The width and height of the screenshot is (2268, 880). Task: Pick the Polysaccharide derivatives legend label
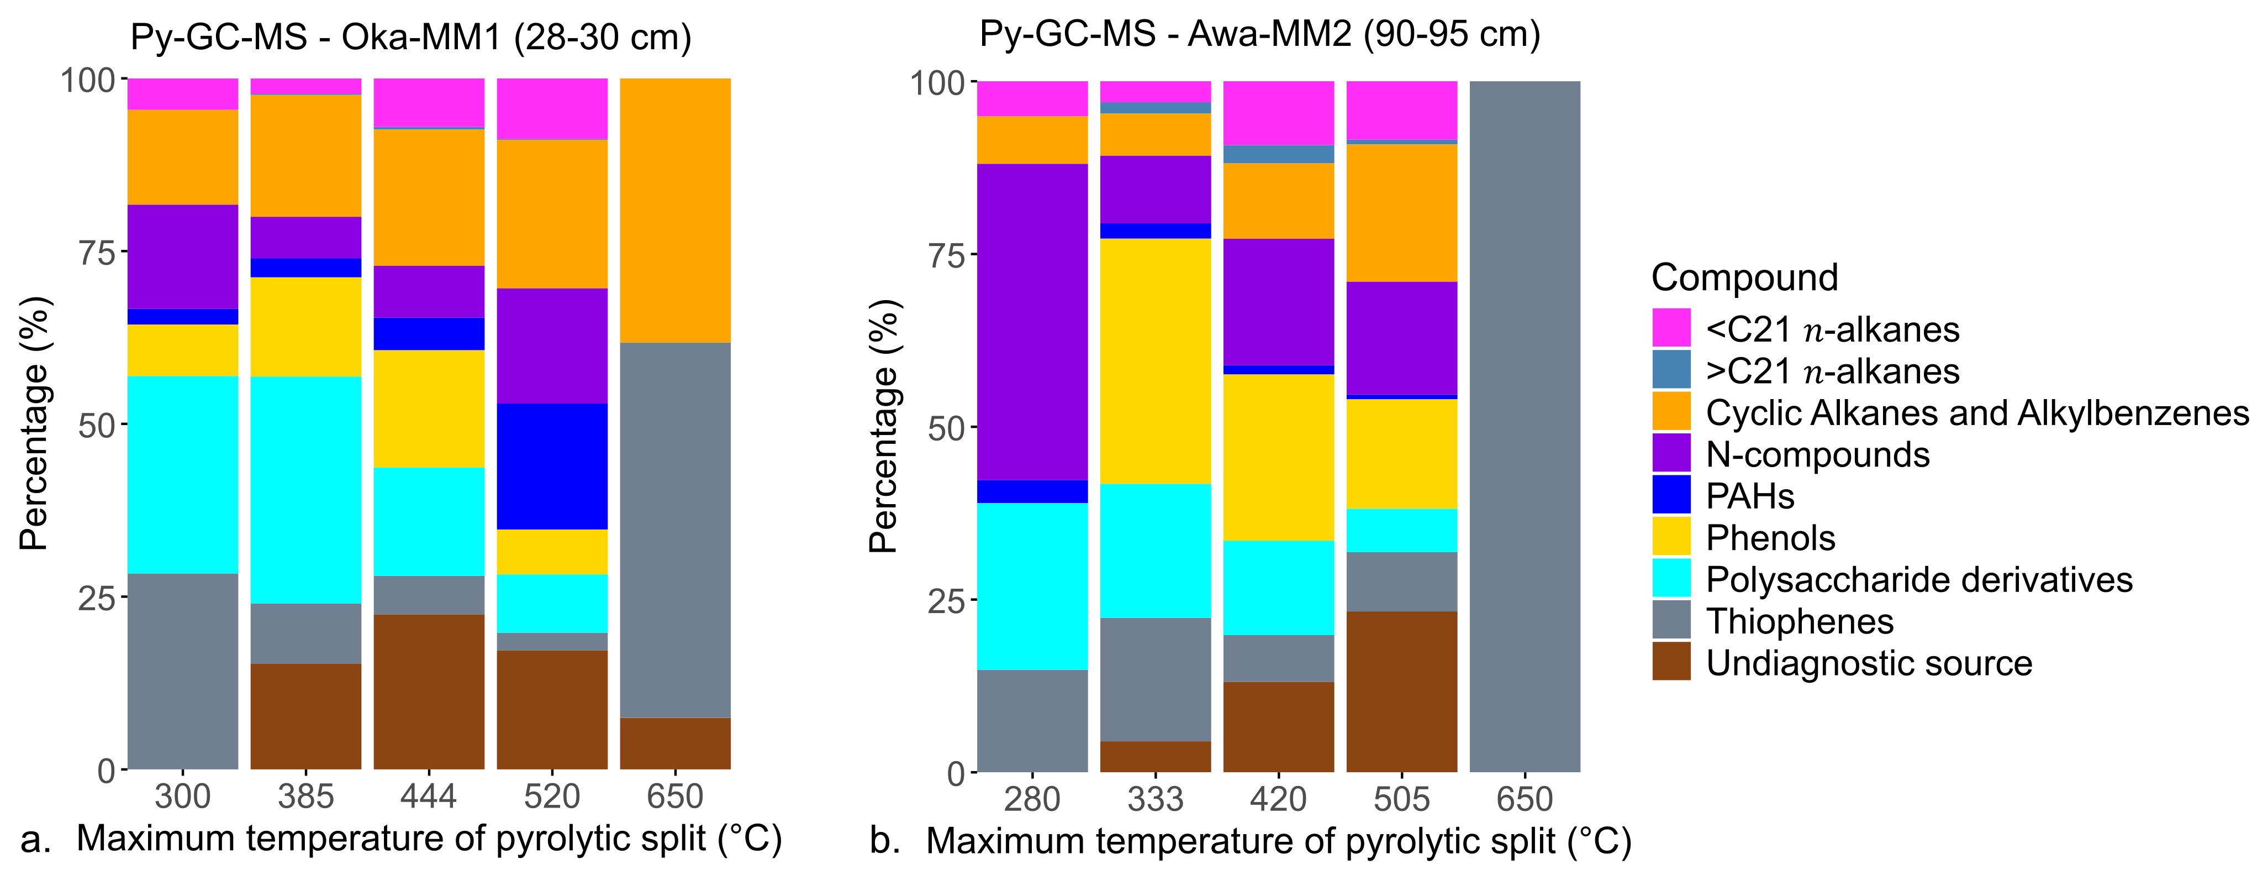coord(1918,580)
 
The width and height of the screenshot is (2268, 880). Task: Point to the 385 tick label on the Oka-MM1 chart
coord(305,797)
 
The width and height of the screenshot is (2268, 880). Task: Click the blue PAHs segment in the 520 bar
coord(552,466)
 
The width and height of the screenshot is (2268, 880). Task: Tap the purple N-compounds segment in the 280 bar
coord(1032,322)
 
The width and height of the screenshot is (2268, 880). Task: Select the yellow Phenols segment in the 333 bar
coord(1155,361)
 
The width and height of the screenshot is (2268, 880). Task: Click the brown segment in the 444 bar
coord(429,692)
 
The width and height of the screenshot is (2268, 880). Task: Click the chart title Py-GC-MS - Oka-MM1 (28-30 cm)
coord(410,37)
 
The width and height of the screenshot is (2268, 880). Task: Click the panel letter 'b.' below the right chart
coord(884,841)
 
